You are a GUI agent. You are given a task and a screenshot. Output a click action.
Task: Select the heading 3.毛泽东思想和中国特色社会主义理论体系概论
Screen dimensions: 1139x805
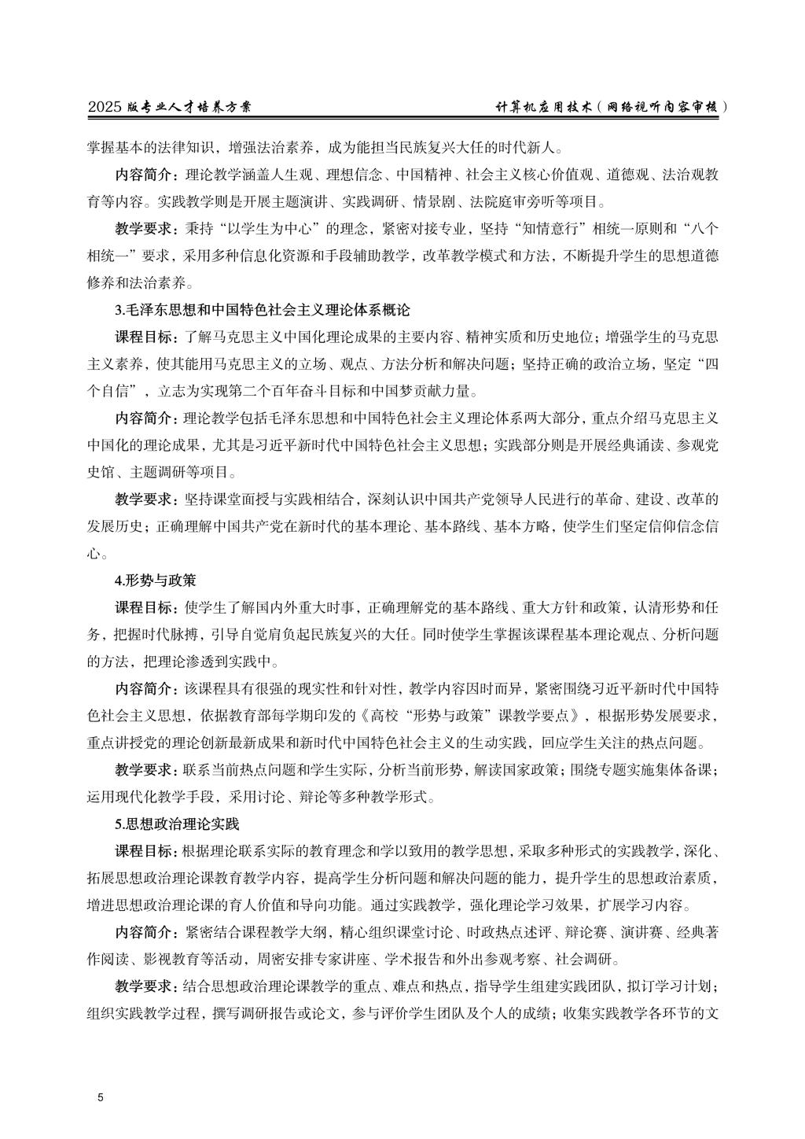tap(263, 310)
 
